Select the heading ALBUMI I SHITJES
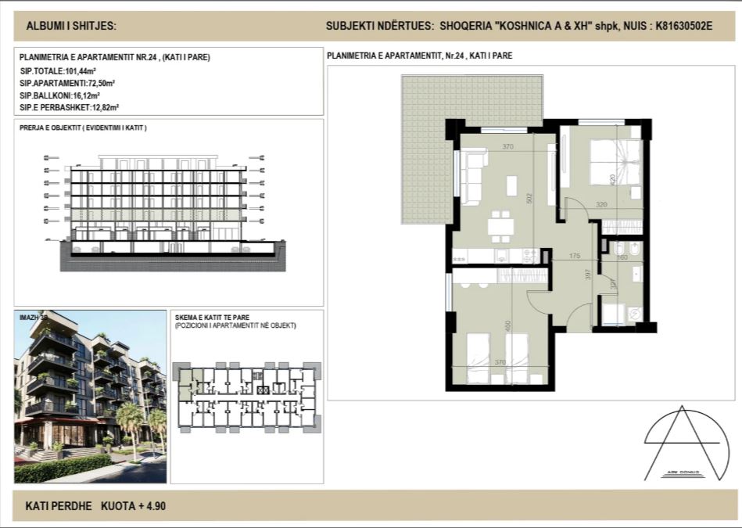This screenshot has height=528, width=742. (x=71, y=26)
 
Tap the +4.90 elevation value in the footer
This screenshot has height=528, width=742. (x=152, y=506)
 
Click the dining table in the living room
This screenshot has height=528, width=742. (x=500, y=227)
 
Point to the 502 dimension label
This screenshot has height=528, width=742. (x=529, y=199)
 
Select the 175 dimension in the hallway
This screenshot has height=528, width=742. (x=575, y=257)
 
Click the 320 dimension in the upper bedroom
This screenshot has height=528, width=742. (x=623, y=205)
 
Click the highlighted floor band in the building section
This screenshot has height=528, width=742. (x=156, y=216)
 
